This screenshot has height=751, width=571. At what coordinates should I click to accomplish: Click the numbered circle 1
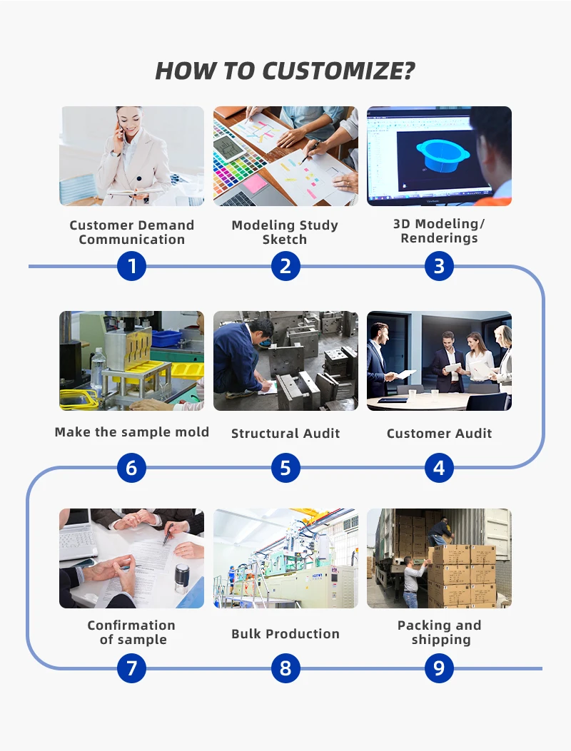click(131, 266)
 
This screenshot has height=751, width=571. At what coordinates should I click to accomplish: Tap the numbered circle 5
click(285, 468)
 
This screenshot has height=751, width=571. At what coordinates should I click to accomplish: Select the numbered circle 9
click(439, 668)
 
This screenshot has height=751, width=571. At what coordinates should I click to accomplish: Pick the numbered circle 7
click(131, 668)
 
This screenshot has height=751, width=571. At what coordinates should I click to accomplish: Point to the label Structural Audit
click(285, 433)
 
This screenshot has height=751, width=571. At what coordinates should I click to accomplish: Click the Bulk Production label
click(285, 633)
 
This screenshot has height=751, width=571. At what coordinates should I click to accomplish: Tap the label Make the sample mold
click(132, 431)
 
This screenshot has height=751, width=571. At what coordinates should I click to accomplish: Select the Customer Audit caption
click(439, 433)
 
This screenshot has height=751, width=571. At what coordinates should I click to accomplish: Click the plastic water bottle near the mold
click(98, 368)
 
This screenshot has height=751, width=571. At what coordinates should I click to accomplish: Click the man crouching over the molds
click(243, 357)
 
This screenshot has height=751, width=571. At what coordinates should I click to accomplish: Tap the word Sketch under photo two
click(285, 240)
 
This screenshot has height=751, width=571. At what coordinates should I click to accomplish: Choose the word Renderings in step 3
click(439, 238)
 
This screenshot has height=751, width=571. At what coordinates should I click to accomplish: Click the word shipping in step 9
click(441, 640)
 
